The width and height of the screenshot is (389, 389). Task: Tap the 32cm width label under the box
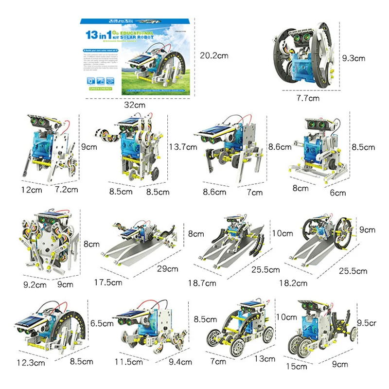coord(135,105)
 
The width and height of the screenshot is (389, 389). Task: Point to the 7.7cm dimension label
coord(308,99)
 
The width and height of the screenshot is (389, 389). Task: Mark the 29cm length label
coord(168,268)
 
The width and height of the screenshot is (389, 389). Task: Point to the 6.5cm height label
coord(101,322)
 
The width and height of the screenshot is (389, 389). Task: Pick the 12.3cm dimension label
coord(27,362)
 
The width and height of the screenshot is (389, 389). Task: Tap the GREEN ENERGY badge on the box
coord(100,89)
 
